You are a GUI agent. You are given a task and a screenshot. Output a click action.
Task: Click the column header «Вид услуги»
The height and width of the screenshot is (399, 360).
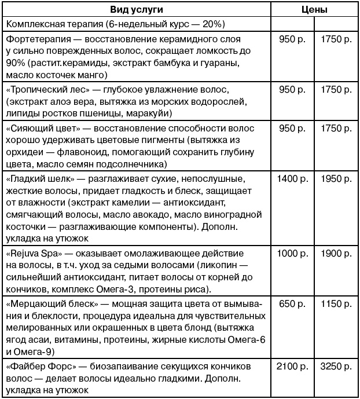coord(137,10)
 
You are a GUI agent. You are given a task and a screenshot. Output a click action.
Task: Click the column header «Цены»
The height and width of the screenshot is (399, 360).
coord(314,10)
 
